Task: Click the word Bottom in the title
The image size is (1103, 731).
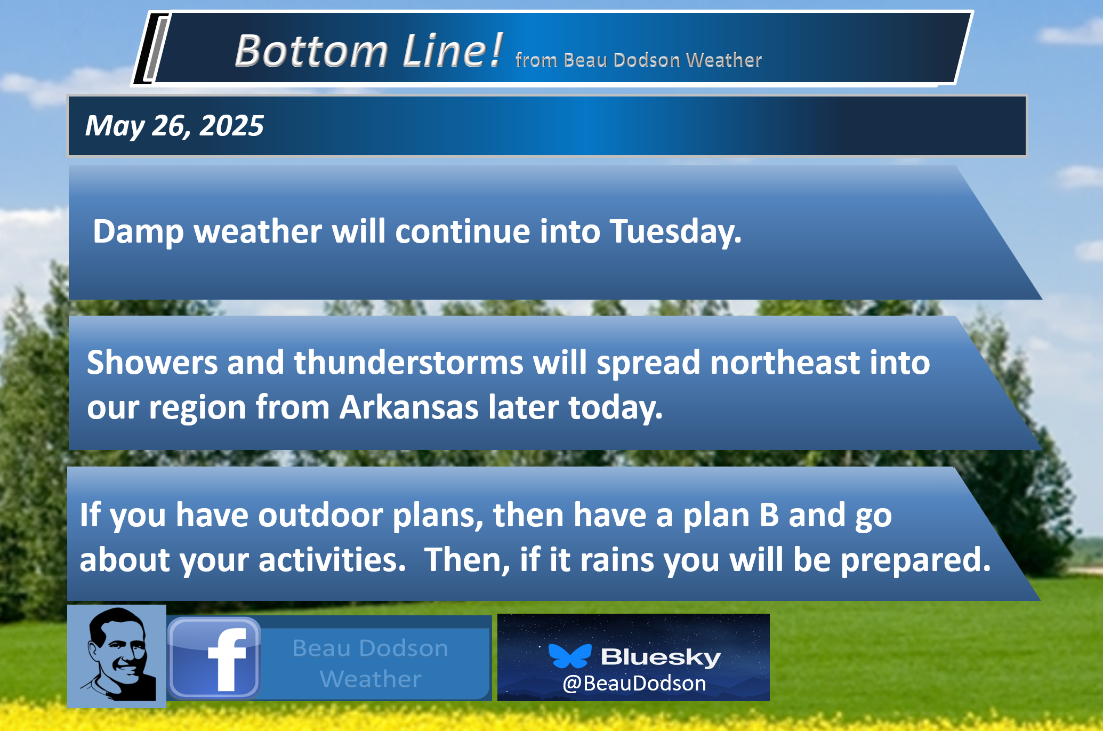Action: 311,51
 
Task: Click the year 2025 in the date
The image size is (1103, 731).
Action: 231,126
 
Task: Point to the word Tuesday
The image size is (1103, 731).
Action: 675,231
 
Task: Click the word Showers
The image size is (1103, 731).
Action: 152,363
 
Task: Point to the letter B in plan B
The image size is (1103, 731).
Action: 769,515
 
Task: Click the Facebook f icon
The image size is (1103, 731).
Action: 214,657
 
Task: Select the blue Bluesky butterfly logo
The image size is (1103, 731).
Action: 570,656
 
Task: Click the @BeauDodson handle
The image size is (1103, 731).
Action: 634,683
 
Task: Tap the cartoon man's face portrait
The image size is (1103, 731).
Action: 117,656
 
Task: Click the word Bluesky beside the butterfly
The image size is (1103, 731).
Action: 661,657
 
